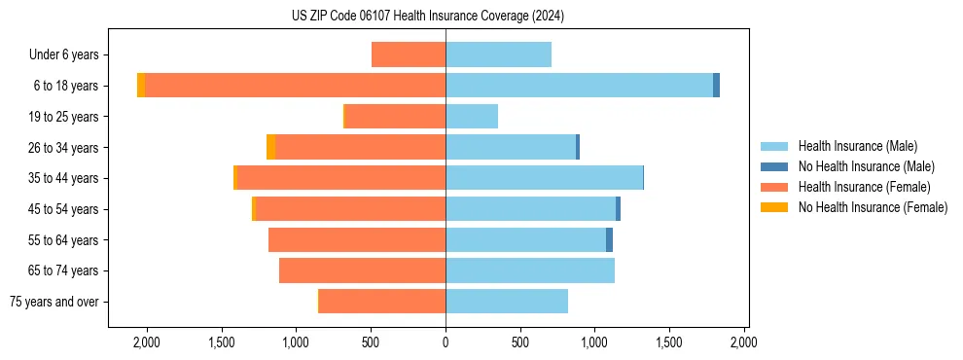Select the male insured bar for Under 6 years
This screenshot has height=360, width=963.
tap(498, 54)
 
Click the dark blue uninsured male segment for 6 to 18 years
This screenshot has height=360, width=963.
tap(717, 86)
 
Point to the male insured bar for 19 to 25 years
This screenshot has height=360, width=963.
tap(472, 117)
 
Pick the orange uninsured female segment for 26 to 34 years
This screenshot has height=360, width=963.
tap(270, 147)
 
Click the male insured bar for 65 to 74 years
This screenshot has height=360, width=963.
tap(530, 270)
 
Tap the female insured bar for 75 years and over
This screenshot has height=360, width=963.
tap(382, 302)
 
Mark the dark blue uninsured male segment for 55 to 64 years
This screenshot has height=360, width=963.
tap(609, 240)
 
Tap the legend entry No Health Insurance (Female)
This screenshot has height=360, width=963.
tap(873, 207)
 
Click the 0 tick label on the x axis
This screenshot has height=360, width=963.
tap(446, 342)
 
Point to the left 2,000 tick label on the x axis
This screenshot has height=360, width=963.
tap(147, 342)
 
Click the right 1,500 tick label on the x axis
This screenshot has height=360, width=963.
tap(669, 342)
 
